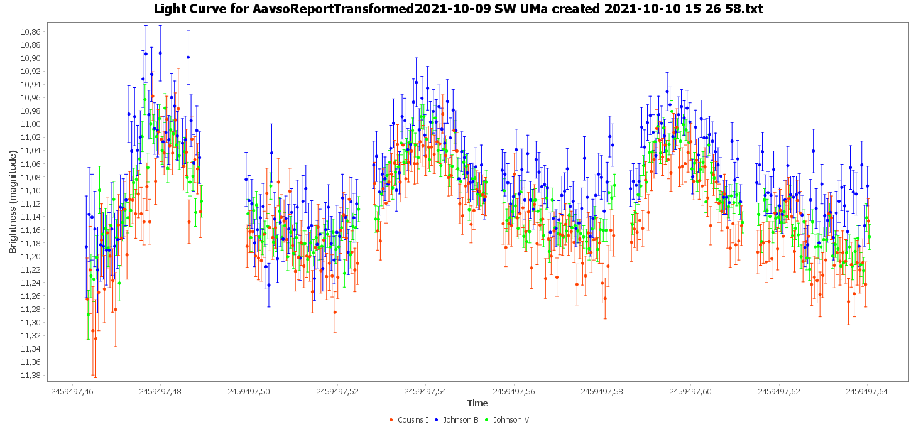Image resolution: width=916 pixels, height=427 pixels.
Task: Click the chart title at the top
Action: click(x=458, y=9)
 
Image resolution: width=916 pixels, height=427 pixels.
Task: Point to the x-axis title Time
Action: click(x=477, y=403)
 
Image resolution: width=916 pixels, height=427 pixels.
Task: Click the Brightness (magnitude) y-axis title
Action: click(x=13, y=201)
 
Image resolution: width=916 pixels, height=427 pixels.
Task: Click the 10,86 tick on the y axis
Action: click(x=31, y=31)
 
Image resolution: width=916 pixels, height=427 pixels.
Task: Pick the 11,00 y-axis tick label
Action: click(x=31, y=124)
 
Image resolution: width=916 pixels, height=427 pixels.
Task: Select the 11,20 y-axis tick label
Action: click(x=31, y=256)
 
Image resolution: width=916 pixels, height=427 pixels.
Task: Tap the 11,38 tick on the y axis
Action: click(x=31, y=376)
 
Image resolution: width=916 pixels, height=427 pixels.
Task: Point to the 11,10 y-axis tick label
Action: click(x=31, y=190)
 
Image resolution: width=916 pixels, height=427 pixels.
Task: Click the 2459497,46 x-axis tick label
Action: click(x=72, y=391)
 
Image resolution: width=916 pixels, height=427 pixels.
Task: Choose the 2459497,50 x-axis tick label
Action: click(x=249, y=391)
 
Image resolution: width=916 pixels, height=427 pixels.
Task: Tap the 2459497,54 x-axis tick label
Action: click(x=425, y=391)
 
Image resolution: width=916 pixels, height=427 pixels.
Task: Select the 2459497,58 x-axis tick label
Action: click(x=602, y=391)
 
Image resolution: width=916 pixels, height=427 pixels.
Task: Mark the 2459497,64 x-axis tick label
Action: click(x=867, y=391)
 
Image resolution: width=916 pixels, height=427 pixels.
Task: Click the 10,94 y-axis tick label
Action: click(x=31, y=85)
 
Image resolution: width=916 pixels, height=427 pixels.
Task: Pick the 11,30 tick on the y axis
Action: click(x=31, y=323)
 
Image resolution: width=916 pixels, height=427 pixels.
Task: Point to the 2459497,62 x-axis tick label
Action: click(x=778, y=391)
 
